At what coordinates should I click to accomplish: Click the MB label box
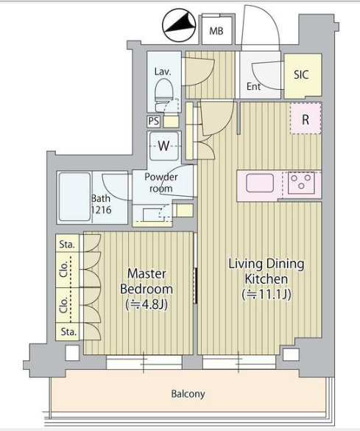(x=216, y=29)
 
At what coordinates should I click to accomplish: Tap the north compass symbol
(x=179, y=25)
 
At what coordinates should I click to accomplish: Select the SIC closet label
(x=301, y=74)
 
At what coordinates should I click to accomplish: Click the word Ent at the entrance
(x=253, y=87)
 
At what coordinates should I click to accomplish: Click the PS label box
(x=154, y=122)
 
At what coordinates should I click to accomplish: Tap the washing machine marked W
(x=164, y=146)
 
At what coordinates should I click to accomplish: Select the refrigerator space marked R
(x=306, y=119)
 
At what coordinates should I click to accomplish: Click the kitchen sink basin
(x=260, y=183)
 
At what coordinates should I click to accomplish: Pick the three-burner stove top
(x=301, y=183)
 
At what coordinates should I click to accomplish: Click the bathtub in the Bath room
(x=74, y=197)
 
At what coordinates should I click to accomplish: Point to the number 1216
(x=101, y=210)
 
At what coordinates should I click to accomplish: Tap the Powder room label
(x=161, y=182)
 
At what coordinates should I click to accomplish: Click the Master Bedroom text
(x=147, y=281)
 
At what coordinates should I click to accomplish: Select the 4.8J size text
(x=147, y=304)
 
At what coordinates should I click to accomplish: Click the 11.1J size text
(x=267, y=295)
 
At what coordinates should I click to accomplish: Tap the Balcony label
(x=188, y=394)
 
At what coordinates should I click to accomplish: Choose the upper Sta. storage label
(x=67, y=244)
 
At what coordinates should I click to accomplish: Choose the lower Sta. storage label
(x=68, y=332)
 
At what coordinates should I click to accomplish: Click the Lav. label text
(x=163, y=71)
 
